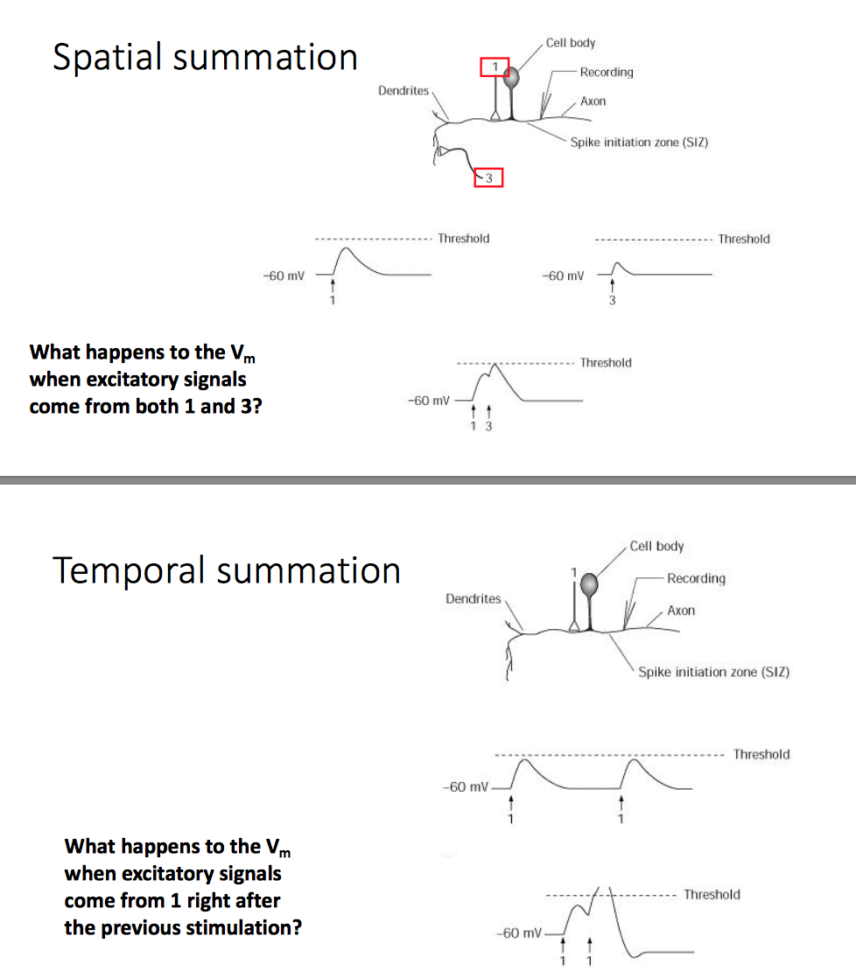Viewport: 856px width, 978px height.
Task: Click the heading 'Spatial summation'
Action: (205, 58)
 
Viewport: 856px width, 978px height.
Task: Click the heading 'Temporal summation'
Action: (227, 570)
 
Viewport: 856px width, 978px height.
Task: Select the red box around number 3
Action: (488, 178)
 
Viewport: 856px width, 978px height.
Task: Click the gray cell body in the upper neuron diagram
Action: (511, 78)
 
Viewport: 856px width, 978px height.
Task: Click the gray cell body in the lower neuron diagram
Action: (591, 583)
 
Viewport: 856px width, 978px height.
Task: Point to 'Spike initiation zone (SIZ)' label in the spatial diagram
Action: (639, 141)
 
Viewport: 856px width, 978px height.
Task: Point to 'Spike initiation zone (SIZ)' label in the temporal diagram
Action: (713, 672)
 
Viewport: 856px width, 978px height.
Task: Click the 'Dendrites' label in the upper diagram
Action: (403, 90)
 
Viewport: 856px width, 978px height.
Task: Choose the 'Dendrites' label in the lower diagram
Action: (473, 599)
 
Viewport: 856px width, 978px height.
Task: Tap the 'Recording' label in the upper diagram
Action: (606, 72)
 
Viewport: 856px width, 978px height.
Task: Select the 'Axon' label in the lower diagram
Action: (681, 611)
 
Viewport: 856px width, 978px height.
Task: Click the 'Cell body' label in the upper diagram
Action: (570, 43)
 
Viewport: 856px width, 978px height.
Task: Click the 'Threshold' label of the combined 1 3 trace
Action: (606, 362)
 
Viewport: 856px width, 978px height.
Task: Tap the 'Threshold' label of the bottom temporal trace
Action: (712, 894)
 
